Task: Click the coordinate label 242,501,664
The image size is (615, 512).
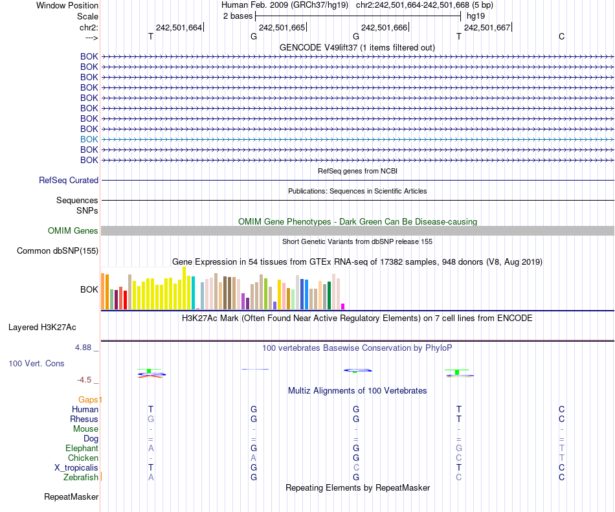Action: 179,27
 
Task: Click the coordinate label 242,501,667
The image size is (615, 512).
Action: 487,27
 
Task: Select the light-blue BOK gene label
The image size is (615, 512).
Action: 89,139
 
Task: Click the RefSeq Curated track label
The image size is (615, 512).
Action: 69,181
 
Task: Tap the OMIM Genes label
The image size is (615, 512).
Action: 73,231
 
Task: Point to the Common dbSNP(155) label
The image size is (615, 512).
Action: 58,251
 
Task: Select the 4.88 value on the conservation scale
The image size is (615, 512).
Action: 87,348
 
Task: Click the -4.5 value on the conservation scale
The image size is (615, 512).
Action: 87,380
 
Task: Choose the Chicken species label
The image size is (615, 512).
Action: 83,458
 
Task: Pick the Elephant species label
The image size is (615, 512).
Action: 82,448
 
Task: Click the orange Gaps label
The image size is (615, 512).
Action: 89,399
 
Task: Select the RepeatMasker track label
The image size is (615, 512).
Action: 71,497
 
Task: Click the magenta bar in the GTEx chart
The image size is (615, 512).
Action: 343,306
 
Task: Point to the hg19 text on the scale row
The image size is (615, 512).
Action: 476,16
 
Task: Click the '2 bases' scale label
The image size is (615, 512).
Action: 238,16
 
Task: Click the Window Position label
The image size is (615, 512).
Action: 67,5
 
